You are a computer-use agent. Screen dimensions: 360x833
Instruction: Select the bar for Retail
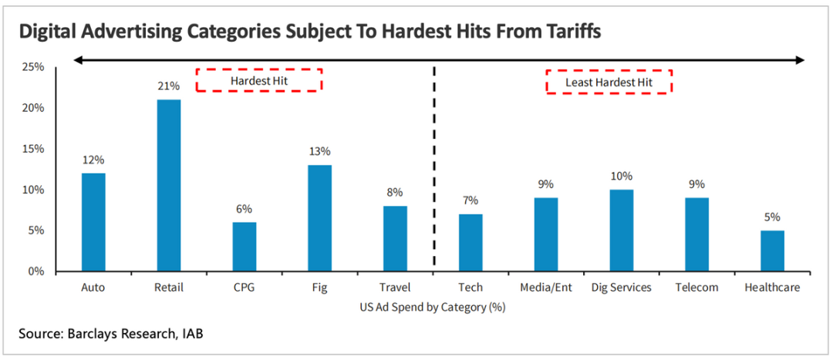[x=168, y=185]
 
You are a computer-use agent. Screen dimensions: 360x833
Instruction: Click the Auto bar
[x=93, y=222]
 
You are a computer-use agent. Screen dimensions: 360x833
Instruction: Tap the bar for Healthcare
[x=772, y=251]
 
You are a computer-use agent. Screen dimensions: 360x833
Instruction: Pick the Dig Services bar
[x=622, y=230]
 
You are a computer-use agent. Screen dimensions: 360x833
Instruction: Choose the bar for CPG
[x=244, y=247]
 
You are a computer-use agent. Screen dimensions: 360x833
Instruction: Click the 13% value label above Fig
[x=319, y=151]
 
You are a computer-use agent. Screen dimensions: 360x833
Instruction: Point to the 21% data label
[x=168, y=86]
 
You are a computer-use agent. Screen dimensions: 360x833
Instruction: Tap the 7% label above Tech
[x=470, y=200]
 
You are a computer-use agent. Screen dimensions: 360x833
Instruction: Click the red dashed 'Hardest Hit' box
[x=258, y=80]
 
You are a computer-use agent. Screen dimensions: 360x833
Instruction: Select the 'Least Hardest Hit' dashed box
[x=609, y=82]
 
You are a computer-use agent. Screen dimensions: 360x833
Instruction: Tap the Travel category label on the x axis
[x=395, y=288]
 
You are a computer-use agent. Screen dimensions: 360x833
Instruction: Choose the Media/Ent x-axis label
[x=546, y=288]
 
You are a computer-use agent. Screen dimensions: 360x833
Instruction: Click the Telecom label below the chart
[x=697, y=288]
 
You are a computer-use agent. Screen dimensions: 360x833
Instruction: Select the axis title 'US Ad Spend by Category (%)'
[x=432, y=306]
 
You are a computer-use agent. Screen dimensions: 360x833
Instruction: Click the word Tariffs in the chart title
[x=565, y=32]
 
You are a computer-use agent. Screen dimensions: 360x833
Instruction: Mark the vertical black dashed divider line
[x=434, y=170]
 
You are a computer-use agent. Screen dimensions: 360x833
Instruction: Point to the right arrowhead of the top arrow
[x=800, y=59]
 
